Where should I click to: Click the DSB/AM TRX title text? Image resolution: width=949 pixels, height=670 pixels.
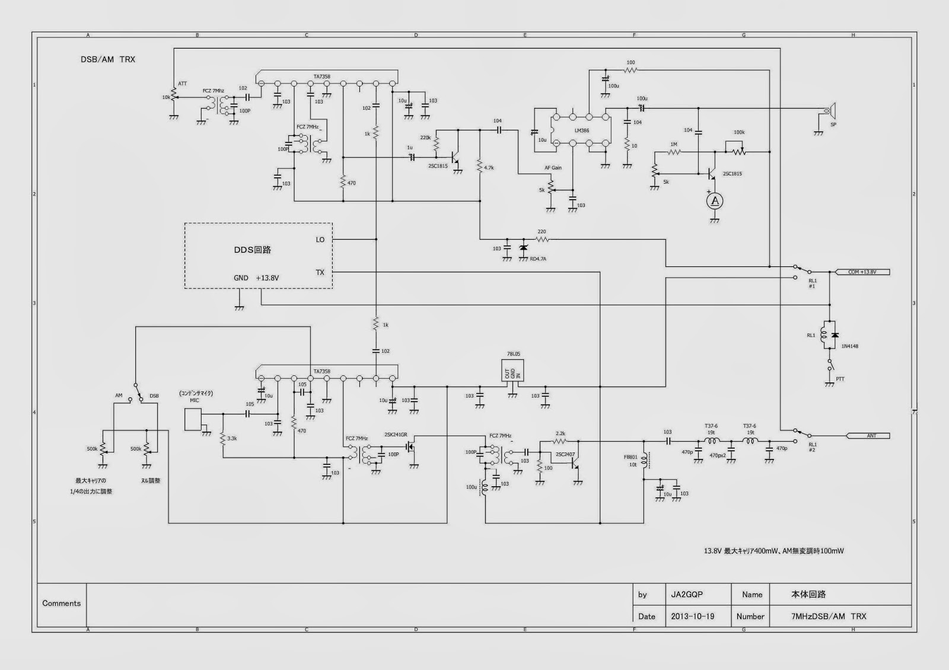point(108,59)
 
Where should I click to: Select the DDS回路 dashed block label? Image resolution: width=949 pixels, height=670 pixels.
point(252,250)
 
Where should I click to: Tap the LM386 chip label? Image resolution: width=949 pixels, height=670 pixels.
point(581,130)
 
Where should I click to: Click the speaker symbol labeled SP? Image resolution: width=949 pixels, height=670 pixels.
point(832,111)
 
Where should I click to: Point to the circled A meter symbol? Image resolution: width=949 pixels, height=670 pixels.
point(715,202)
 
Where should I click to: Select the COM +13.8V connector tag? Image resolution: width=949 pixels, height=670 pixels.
point(861,272)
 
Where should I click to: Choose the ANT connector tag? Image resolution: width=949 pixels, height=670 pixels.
point(871,436)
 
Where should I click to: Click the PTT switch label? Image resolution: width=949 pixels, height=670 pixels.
point(840,379)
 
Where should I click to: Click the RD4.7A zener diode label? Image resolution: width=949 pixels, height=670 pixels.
point(538,259)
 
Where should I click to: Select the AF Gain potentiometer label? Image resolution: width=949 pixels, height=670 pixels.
point(553,168)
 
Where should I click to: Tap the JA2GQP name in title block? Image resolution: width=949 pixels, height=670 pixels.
point(687,594)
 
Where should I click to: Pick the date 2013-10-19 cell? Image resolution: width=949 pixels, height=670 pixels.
point(692,616)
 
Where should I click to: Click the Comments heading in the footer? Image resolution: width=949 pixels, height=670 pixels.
point(61,603)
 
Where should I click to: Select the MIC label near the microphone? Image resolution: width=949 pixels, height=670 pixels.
point(195,400)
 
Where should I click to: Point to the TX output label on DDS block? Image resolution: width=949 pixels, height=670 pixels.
point(320,272)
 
